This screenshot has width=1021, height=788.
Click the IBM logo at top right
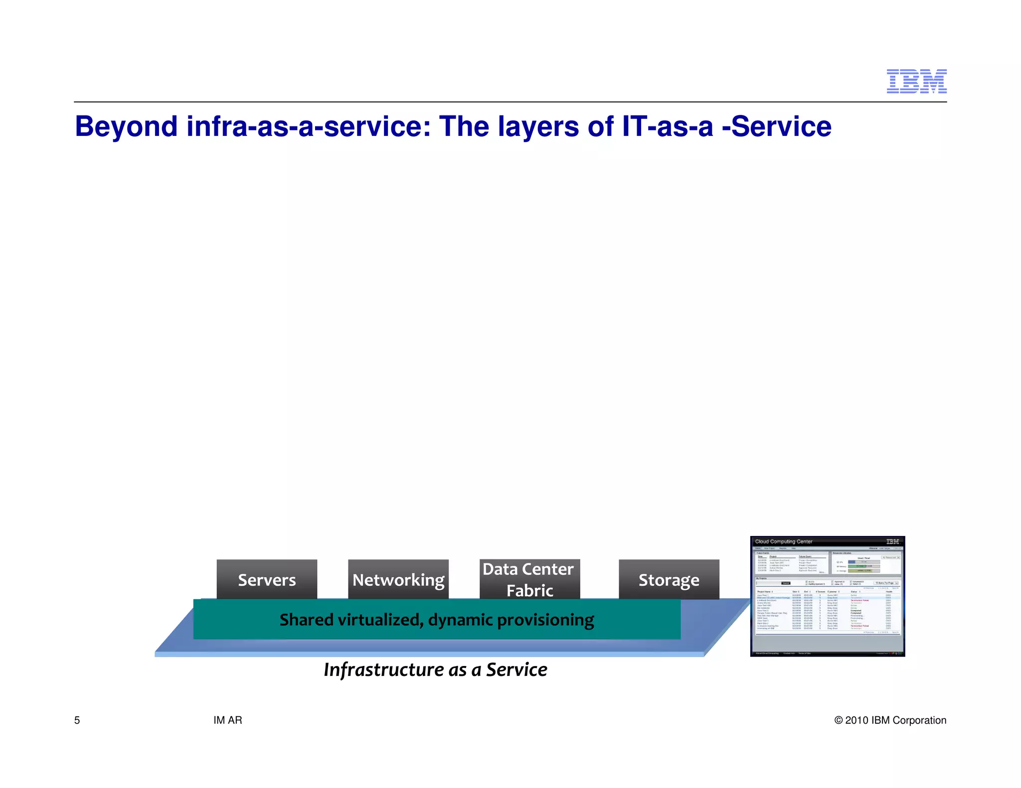[x=916, y=81]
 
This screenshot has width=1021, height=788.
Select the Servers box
[x=267, y=579]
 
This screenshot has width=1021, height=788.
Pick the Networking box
[x=398, y=579]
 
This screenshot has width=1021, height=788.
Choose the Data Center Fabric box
[x=529, y=579]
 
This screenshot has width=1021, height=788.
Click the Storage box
[x=669, y=579]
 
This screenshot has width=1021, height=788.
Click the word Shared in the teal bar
[x=306, y=620]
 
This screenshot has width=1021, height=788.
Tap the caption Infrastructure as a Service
[x=435, y=670]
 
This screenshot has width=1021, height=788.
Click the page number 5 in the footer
[x=77, y=720]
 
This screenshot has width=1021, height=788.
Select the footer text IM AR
[x=228, y=720]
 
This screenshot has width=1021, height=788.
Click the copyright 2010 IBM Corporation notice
[x=890, y=720]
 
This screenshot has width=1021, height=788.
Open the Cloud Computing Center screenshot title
[x=784, y=541]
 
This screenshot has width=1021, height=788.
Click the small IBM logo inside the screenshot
[x=892, y=541]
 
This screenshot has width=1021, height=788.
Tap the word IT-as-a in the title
[x=668, y=127]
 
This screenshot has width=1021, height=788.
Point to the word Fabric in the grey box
[x=529, y=591]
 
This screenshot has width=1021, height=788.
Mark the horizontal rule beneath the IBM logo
[x=510, y=102]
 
